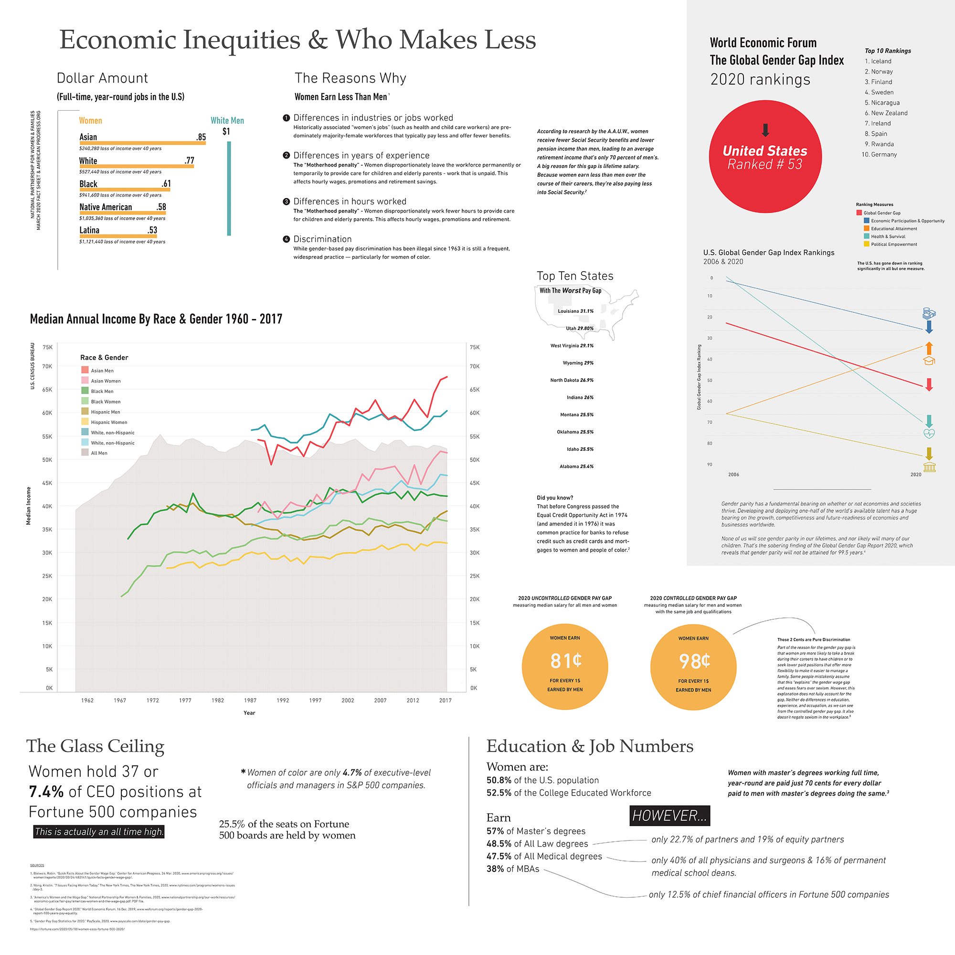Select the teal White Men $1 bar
(x=229, y=188)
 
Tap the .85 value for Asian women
(x=201, y=137)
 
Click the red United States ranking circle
(x=764, y=157)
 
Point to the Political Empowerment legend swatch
(x=867, y=244)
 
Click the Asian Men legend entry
(x=102, y=370)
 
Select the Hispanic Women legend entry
(x=109, y=422)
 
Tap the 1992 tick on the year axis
(x=283, y=700)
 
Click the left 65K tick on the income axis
(x=47, y=390)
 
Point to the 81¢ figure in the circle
(x=565, y=660)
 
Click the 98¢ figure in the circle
(x=694, y=661)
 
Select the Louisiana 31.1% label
(x=575, y=311)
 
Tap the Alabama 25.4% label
(x=576, y=466)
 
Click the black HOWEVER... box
(x=670, y=816)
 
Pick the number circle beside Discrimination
(x=286, y=239)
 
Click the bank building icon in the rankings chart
(x=929, y=467)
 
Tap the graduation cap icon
(x=929, y=361)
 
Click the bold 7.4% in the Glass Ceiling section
(x=46, y=791)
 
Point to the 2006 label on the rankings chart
(x=733, y=475)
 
